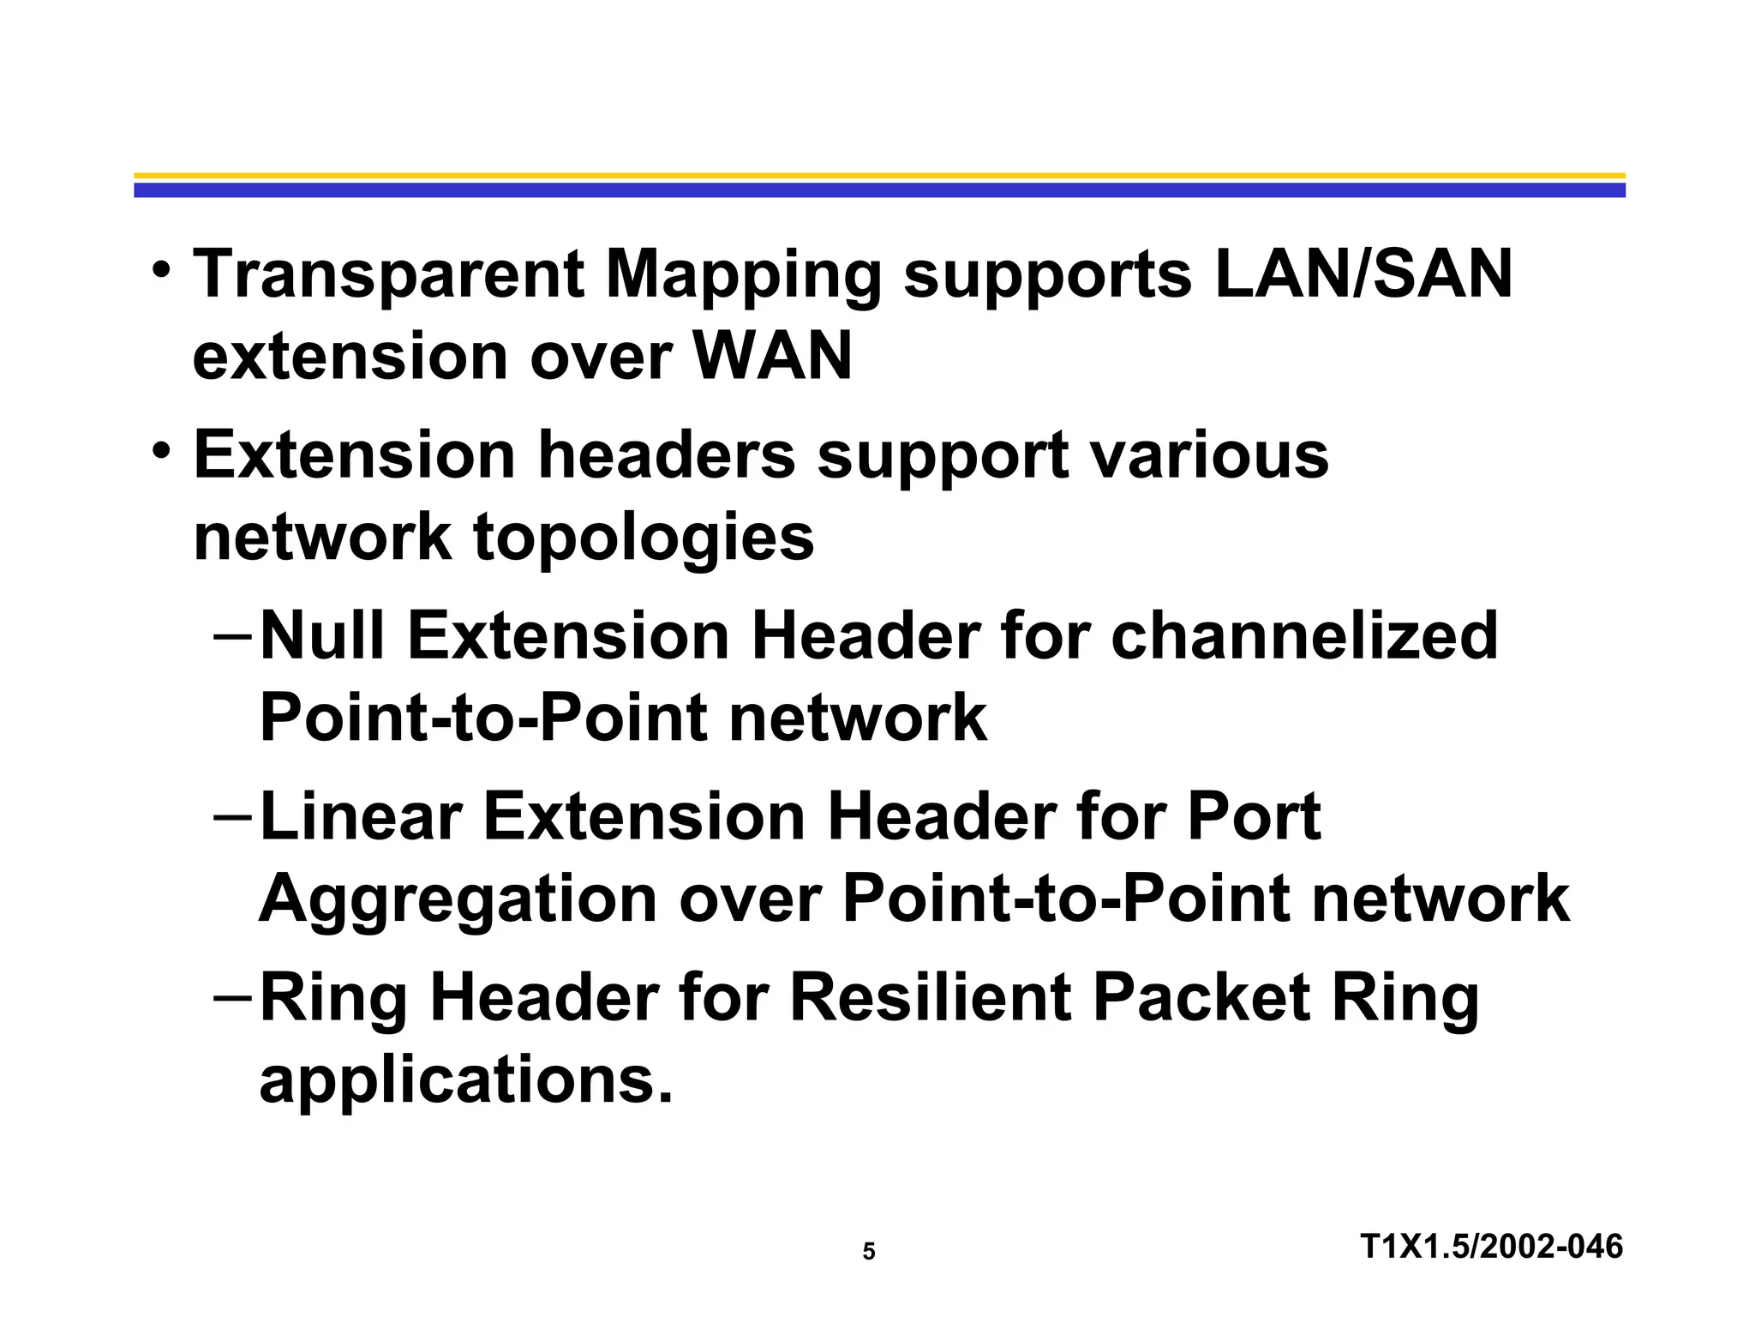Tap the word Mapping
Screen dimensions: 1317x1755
[x=743, y=276]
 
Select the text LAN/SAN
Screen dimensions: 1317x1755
[x=1363, y=274]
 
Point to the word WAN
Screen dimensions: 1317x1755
[x=773, y=356]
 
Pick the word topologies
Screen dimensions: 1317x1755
[x=644, y=538]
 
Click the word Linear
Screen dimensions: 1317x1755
[x=360, y=816]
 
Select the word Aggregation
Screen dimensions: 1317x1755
[x=458, y=900]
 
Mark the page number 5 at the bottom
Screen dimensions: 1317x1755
[x=869, y=1253]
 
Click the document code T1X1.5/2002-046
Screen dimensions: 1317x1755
[x=1491, y=1247]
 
